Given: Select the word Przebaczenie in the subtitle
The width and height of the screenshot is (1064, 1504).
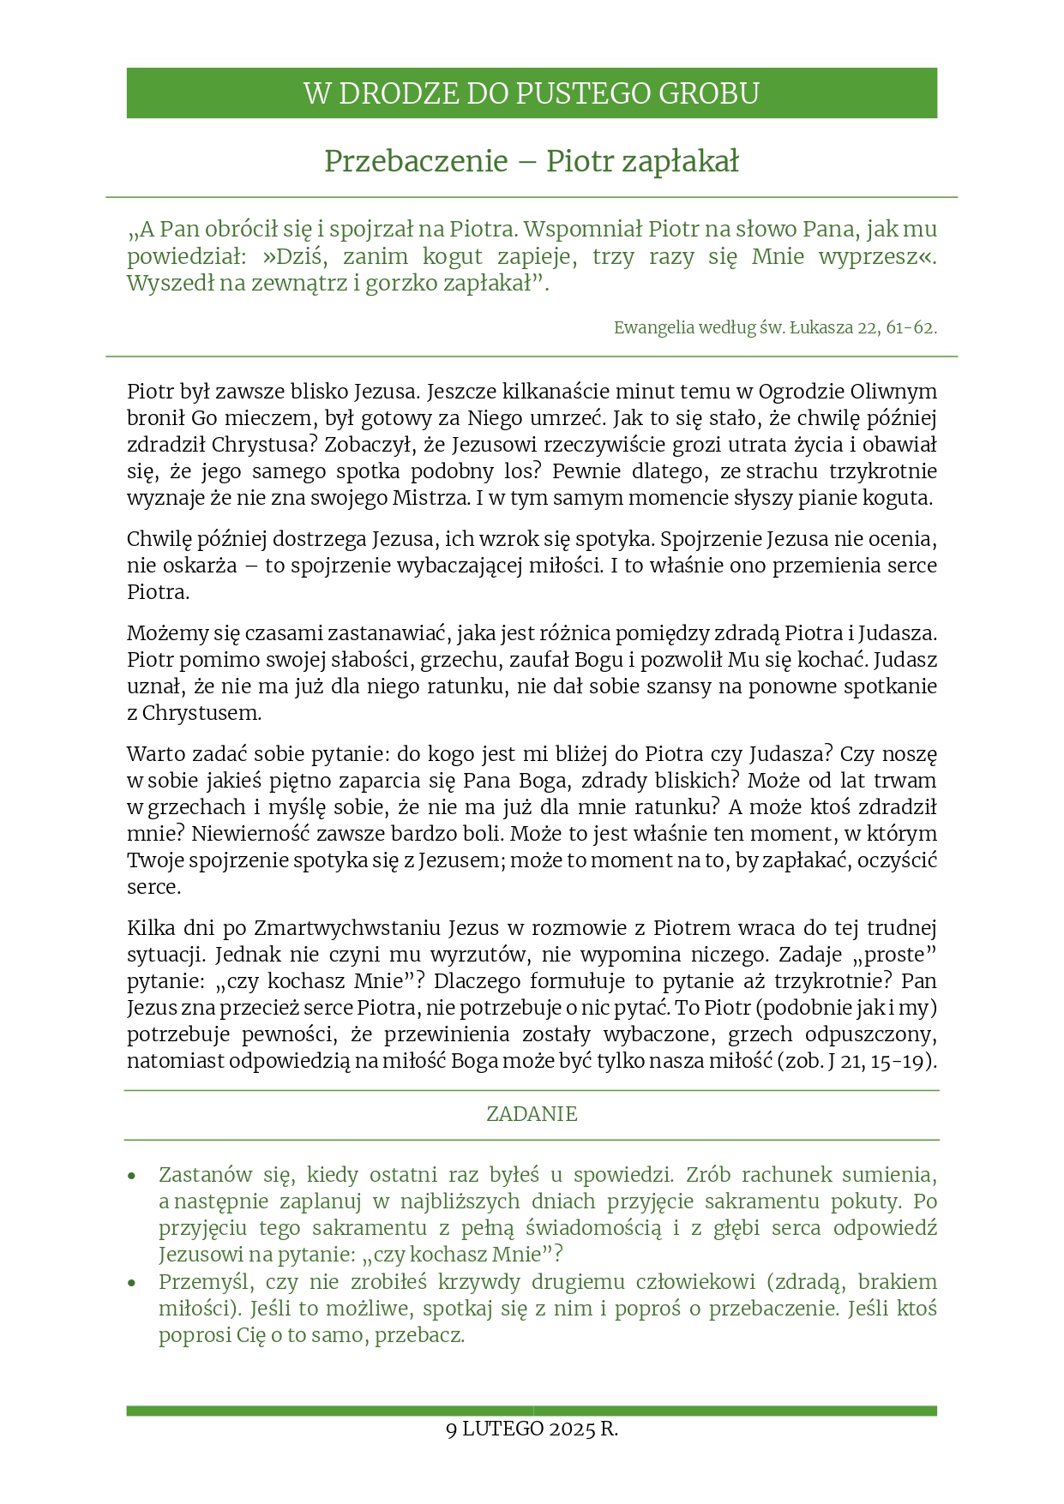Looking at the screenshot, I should (x=416, y=161).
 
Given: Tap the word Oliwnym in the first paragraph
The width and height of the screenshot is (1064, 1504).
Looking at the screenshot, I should (x=893, y=392).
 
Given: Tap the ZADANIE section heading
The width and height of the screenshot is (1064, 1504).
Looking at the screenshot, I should (x=532, y=1114).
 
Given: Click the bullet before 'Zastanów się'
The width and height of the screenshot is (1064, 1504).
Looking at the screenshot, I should (x=132, y=1176).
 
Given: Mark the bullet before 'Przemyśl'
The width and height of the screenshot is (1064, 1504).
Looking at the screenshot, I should (x=132, y=1283).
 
